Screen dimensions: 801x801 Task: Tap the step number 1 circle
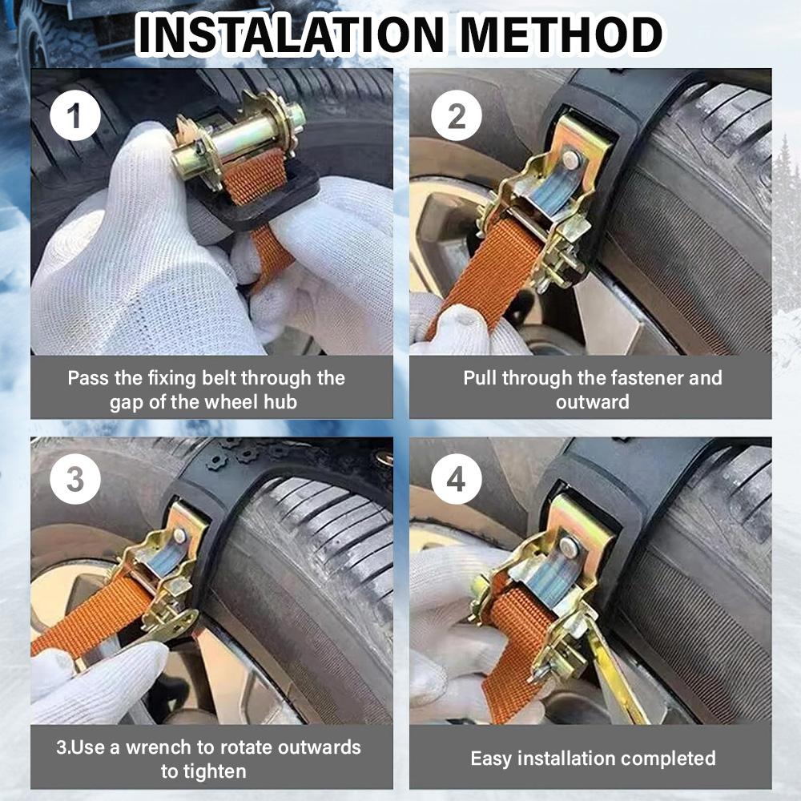[x=74, y=116]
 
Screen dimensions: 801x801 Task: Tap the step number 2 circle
[x=456, y=116]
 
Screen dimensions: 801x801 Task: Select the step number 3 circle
[x=74, y=480]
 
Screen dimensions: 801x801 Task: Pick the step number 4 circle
[x=456, y=480]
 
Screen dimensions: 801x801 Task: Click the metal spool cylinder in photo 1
[x=239, y=137]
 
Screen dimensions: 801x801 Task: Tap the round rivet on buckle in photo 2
[x=570, y=160]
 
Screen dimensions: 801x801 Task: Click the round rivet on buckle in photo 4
[x=569, y=547]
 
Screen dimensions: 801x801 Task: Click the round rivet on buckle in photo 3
[x=179, y=535]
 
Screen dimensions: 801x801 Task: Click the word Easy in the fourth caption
[x=489, y=758]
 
